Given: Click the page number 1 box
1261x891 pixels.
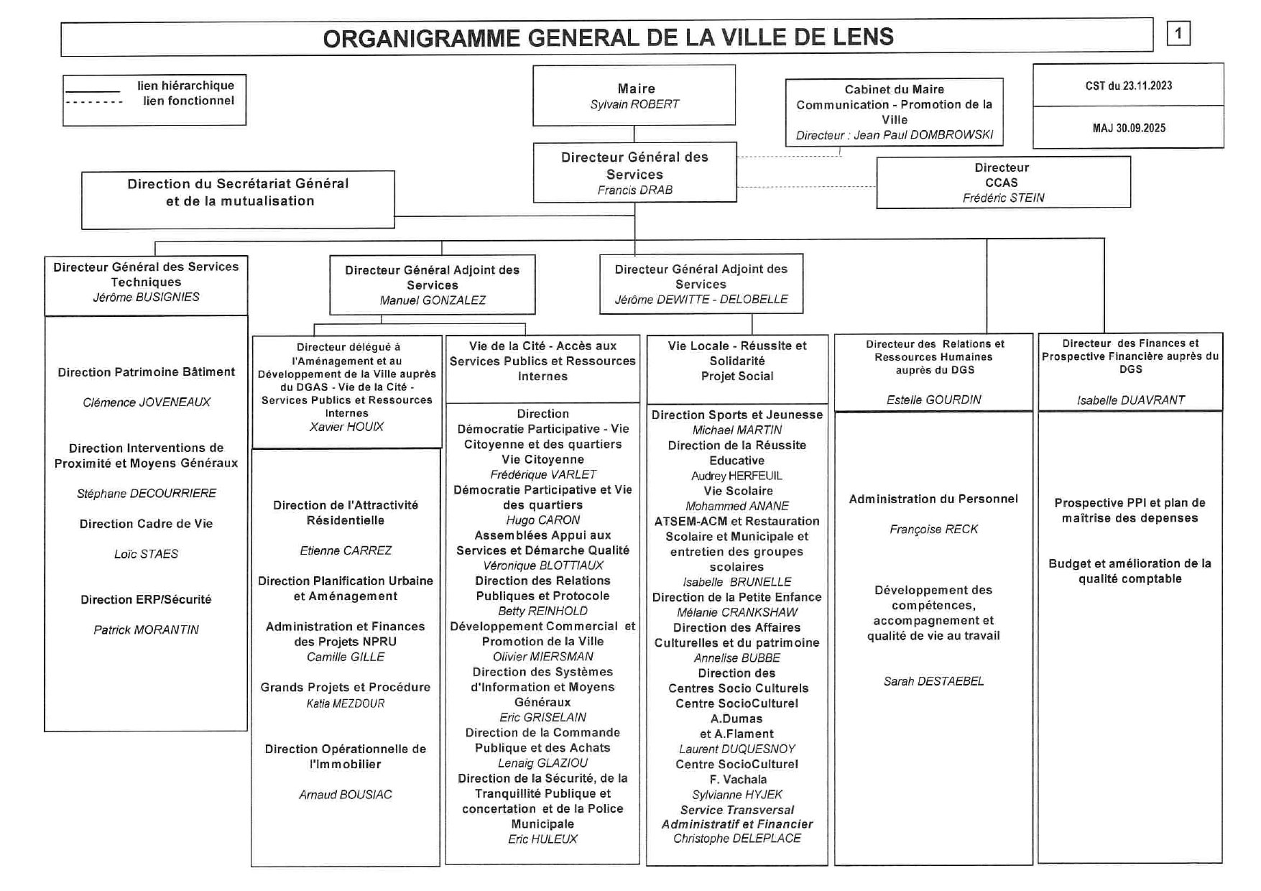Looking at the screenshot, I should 1178,34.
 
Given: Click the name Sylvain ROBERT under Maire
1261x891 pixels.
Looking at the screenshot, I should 634,104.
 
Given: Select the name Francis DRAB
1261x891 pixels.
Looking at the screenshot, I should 634,190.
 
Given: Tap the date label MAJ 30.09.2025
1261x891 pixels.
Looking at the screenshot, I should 1129,128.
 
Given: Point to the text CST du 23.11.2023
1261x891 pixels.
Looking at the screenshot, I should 1128,86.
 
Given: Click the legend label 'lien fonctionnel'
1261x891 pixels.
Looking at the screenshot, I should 188,101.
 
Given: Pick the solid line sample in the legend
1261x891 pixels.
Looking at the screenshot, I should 93,91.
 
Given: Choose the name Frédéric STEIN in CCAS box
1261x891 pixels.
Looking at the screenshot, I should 1003,198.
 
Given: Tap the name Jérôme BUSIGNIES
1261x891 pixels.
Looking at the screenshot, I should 146,297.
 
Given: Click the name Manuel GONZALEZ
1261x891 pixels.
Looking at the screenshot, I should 433,300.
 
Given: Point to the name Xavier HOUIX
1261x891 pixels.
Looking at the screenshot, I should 346,427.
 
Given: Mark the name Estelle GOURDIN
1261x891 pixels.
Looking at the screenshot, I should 933,400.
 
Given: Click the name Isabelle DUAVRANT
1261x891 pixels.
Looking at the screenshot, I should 1130,400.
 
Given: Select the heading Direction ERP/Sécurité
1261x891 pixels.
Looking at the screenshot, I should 146,599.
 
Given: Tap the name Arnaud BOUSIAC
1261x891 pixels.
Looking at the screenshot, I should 346,795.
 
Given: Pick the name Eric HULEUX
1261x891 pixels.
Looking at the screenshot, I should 542,839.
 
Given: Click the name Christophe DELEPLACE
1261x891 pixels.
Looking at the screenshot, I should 736,839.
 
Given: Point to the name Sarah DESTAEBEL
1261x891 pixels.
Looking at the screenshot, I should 933,681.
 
